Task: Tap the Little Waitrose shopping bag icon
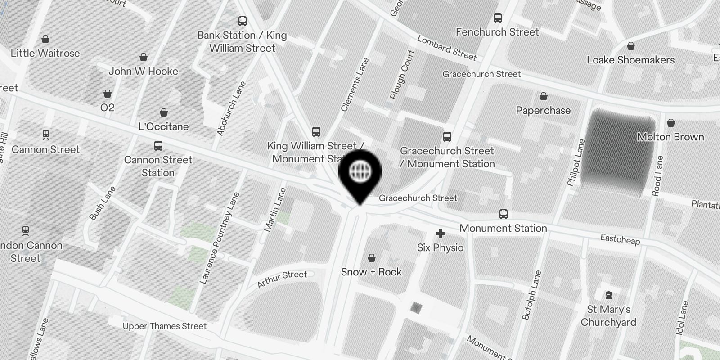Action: click(45, 40)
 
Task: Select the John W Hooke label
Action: click(143, 71)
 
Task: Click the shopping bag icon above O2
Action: click(108, 94)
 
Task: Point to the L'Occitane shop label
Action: click(163, 126)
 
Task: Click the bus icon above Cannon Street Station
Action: click(158, 146)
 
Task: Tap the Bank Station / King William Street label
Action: click(242, 41)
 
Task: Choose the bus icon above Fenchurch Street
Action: click(497, 18)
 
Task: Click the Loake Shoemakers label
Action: click(630, 60)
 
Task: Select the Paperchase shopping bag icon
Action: click(543, 96)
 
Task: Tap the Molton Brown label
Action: click(670, 137)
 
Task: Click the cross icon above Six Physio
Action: click(440, 234)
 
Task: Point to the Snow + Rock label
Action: click(371, 272)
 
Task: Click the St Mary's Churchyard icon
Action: click(609, 295)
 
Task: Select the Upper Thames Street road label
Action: click(165, 326)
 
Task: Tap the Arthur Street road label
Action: click(282, 279)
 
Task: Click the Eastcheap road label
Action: click(620, 239)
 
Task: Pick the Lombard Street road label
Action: click(446, 48)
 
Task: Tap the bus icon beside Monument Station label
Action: click(503, 214)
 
